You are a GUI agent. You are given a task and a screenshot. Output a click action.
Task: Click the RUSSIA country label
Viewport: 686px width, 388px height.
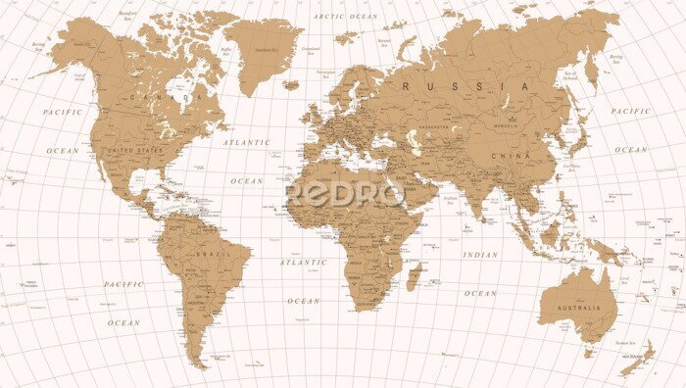pos(466,87)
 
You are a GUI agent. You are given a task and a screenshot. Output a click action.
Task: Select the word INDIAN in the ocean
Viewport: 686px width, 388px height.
pos(480,255)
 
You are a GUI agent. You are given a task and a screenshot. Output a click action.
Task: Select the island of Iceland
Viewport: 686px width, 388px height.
pos(289,84)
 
